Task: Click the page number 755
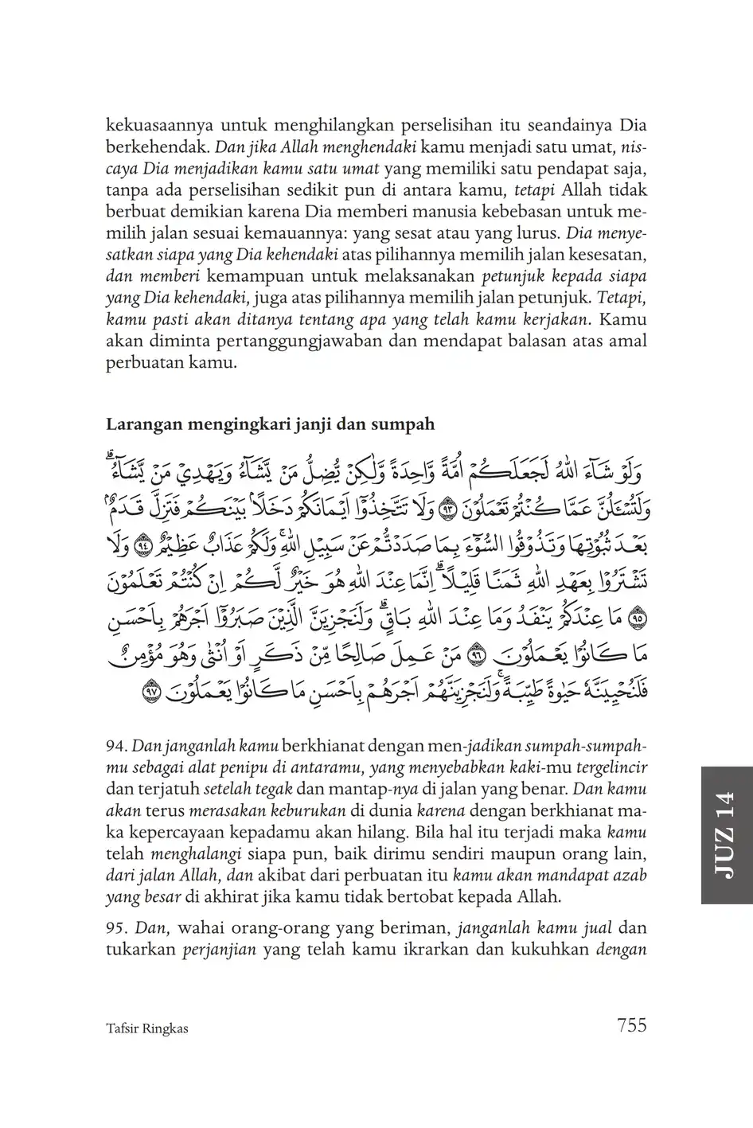pos(631,1025)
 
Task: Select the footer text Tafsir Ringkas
pos(146,1028)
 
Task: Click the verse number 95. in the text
pos(116,927)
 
